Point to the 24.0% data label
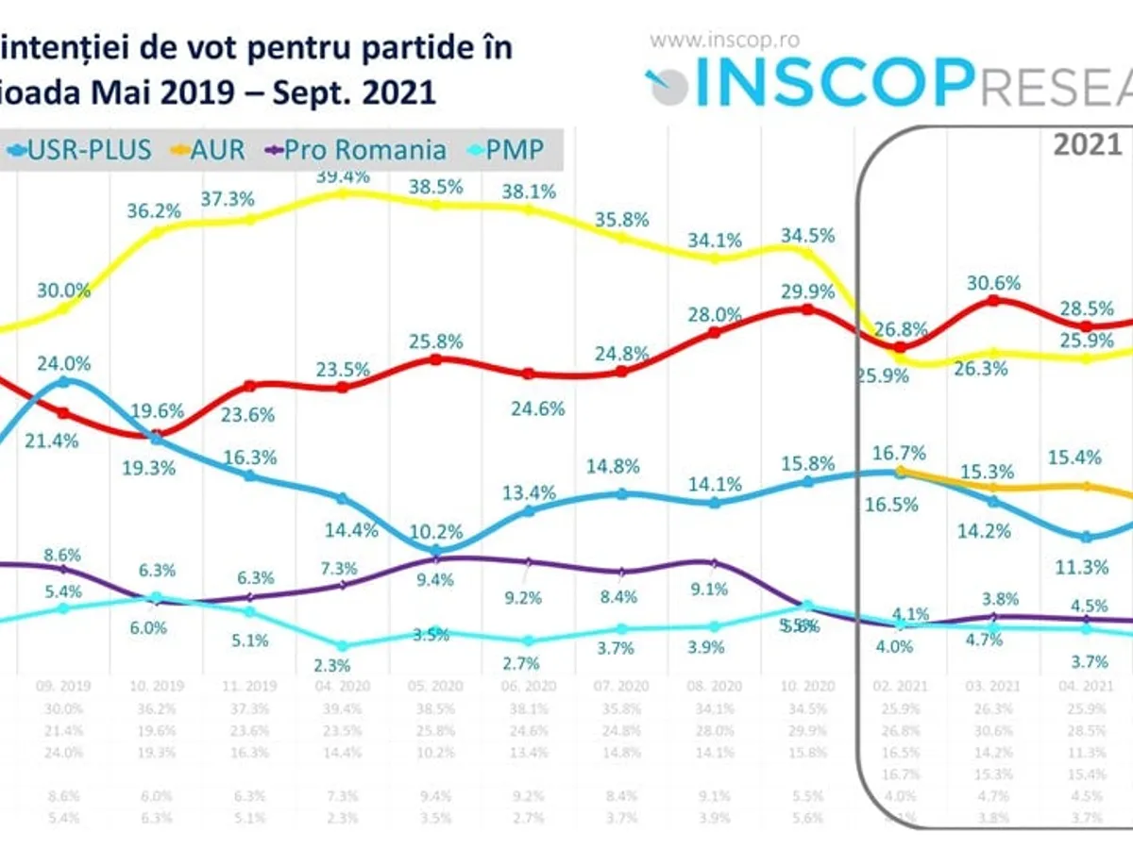tap(62, 362)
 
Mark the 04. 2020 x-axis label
tap(343, 686)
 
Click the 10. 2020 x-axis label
tap(806, 686)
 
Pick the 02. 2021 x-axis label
tap(899, 686)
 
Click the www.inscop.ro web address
tap(725, 40)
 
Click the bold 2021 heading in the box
tap(1088, 144)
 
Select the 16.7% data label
tap(899, 452)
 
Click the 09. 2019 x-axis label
tap(62, 686)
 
